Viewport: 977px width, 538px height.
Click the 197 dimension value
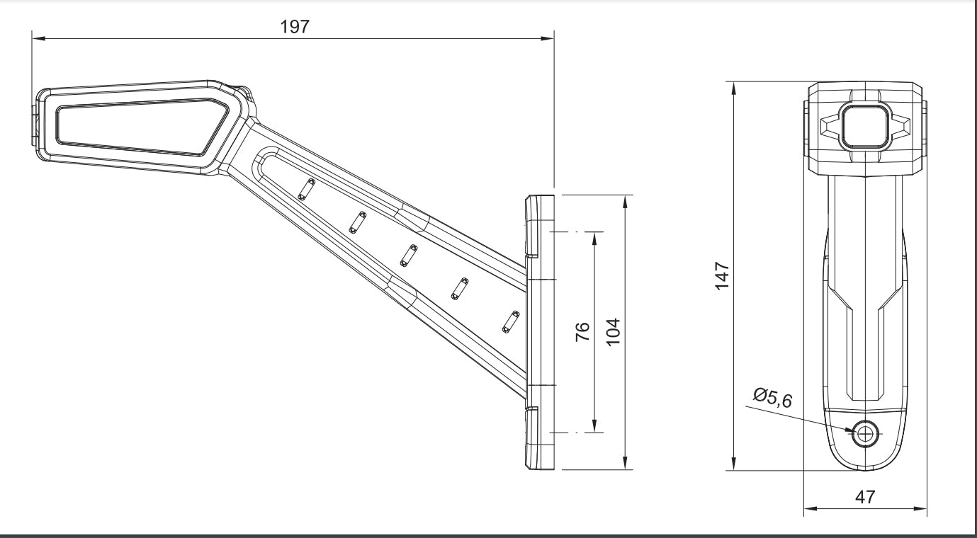(295, 27)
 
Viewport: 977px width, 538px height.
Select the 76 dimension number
(582, 332)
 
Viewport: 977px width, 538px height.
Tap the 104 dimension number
(614, 332)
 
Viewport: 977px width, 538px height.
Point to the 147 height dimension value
(722, 276)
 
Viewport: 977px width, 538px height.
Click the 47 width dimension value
(865, 497)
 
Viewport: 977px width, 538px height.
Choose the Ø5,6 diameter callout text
(772, 397)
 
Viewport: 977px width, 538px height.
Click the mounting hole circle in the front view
(865, 434)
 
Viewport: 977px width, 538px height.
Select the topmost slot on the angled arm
(306, 190)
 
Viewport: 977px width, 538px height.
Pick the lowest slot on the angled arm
(511, 322)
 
